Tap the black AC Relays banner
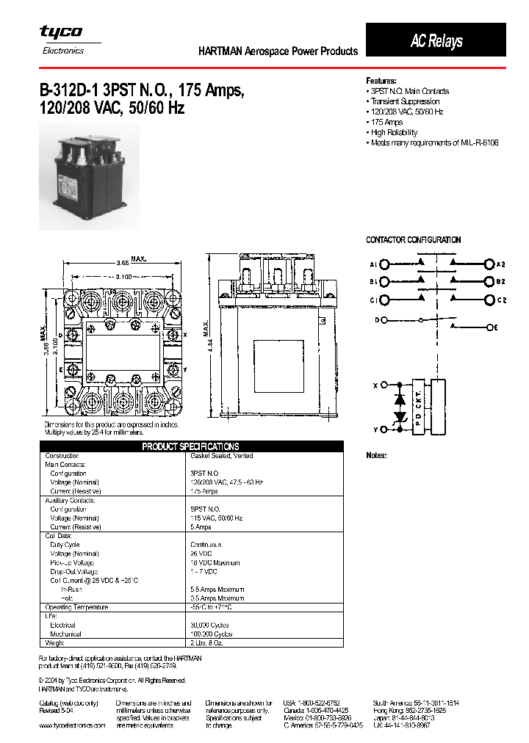pos(436,41)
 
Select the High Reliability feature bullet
pos(394,132)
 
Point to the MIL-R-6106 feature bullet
pos(434,142)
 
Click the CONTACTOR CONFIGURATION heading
pos(413,240)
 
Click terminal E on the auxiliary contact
pos(496,326)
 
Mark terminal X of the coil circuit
pos(375,385)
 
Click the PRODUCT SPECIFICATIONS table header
pos(190,446)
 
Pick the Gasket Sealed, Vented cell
pos(221,456)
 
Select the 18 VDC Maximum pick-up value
pos(215,562)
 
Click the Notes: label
pos(376,456)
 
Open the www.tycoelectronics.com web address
pos(72,725)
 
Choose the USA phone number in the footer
pos(312,703)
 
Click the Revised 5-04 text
pos(58,710)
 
